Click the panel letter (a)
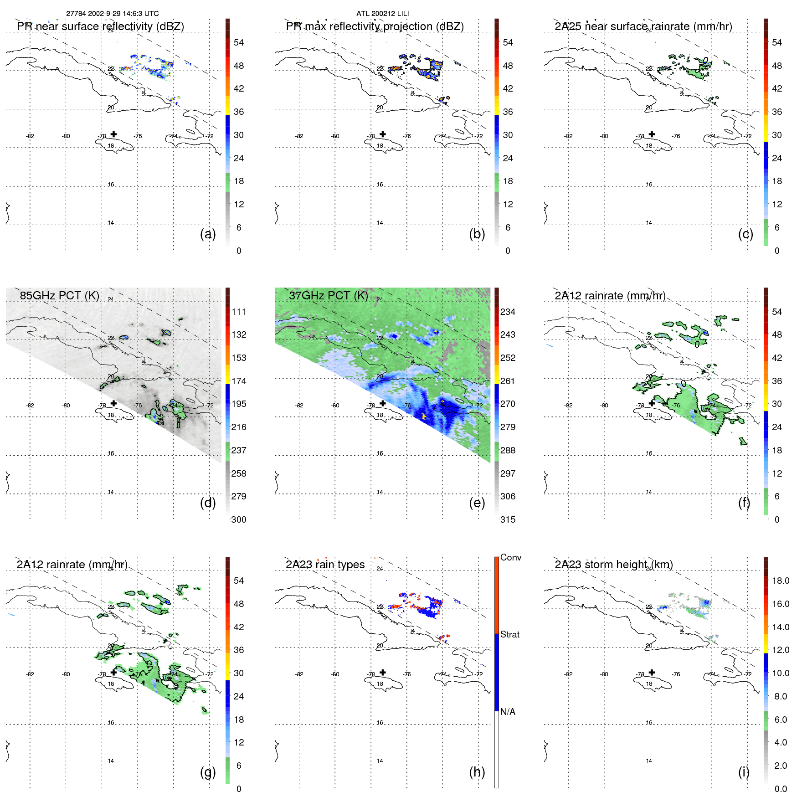tap(208, 234)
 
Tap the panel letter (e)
tap(477, 503)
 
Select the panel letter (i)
tap(744, 772)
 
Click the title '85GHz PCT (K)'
tap(60, 295)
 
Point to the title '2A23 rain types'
tap(325, 564)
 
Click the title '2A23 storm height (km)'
tap(613, 564)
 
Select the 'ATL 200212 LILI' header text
tap(383, 13)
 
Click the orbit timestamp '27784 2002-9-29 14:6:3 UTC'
tap(113, 13)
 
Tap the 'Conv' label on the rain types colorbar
tap(510, 557)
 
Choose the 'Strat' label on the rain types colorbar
tap(509, 634)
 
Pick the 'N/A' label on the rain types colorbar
tap(508, 712)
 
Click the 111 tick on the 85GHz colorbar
tap(238, 312)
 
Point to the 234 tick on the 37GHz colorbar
tap(508, 312)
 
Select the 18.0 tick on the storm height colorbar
tap(780, 581)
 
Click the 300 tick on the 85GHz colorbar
tap(238, 519)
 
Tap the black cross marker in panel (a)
tap(113, 134)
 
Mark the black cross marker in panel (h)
tap(383, 672)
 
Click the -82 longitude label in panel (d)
tap(30, 405)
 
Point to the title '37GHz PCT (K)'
tap(329, 295)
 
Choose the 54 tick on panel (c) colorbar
tap(777, 42)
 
